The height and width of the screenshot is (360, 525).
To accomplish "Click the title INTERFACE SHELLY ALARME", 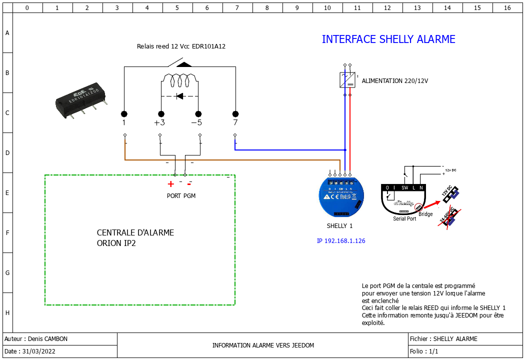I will tap(388, 39).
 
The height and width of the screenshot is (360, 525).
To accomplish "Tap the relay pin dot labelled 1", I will tap(124, 114).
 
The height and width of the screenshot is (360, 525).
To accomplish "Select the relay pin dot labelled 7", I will tap(235, 114).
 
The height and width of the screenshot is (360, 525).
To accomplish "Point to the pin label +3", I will tap(159, 123).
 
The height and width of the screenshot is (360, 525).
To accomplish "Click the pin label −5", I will tap(197, 123).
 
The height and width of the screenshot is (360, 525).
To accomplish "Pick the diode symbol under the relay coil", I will tap(179, 95).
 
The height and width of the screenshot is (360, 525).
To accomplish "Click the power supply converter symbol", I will tap(347, 80).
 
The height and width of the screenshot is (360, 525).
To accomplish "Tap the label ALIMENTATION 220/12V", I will tap(395, 81).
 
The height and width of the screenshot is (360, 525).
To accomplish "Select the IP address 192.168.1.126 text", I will tap(341, 241).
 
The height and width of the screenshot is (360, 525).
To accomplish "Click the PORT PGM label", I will tap(181, 196).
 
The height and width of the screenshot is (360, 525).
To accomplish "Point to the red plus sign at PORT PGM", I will tap(170, 183).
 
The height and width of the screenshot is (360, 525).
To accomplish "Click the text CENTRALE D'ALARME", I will tap(135, 233).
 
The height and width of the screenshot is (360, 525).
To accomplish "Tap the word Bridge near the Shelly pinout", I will tap(425, 214).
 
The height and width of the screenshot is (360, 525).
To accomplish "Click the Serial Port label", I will tap(404, 219).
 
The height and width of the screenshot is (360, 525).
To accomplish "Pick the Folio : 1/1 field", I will tap(424, 351).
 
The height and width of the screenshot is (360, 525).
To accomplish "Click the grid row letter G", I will tap(7, 273).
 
